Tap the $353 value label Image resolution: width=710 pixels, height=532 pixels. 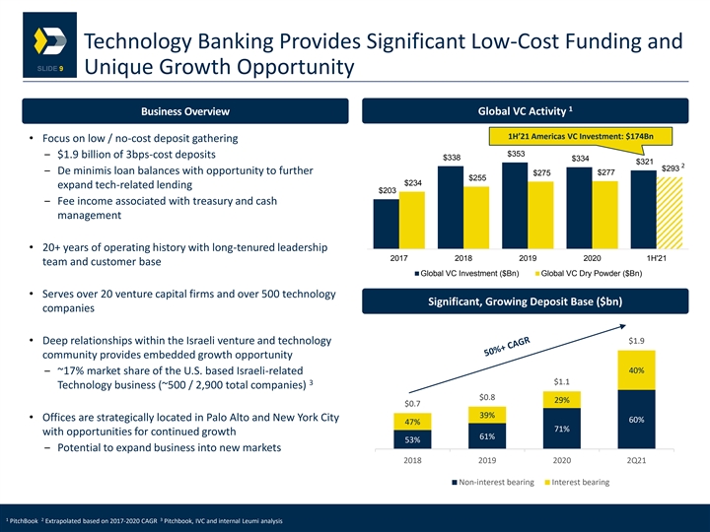(x=515, y=155)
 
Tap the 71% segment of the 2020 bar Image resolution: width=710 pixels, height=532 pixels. (x=559, y=429)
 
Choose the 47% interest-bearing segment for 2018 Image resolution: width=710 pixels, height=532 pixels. (x=407, y=421)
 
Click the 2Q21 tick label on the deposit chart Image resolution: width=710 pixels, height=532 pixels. (x=636, y=459)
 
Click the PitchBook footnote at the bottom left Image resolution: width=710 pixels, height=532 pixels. (x=21, y=518)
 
